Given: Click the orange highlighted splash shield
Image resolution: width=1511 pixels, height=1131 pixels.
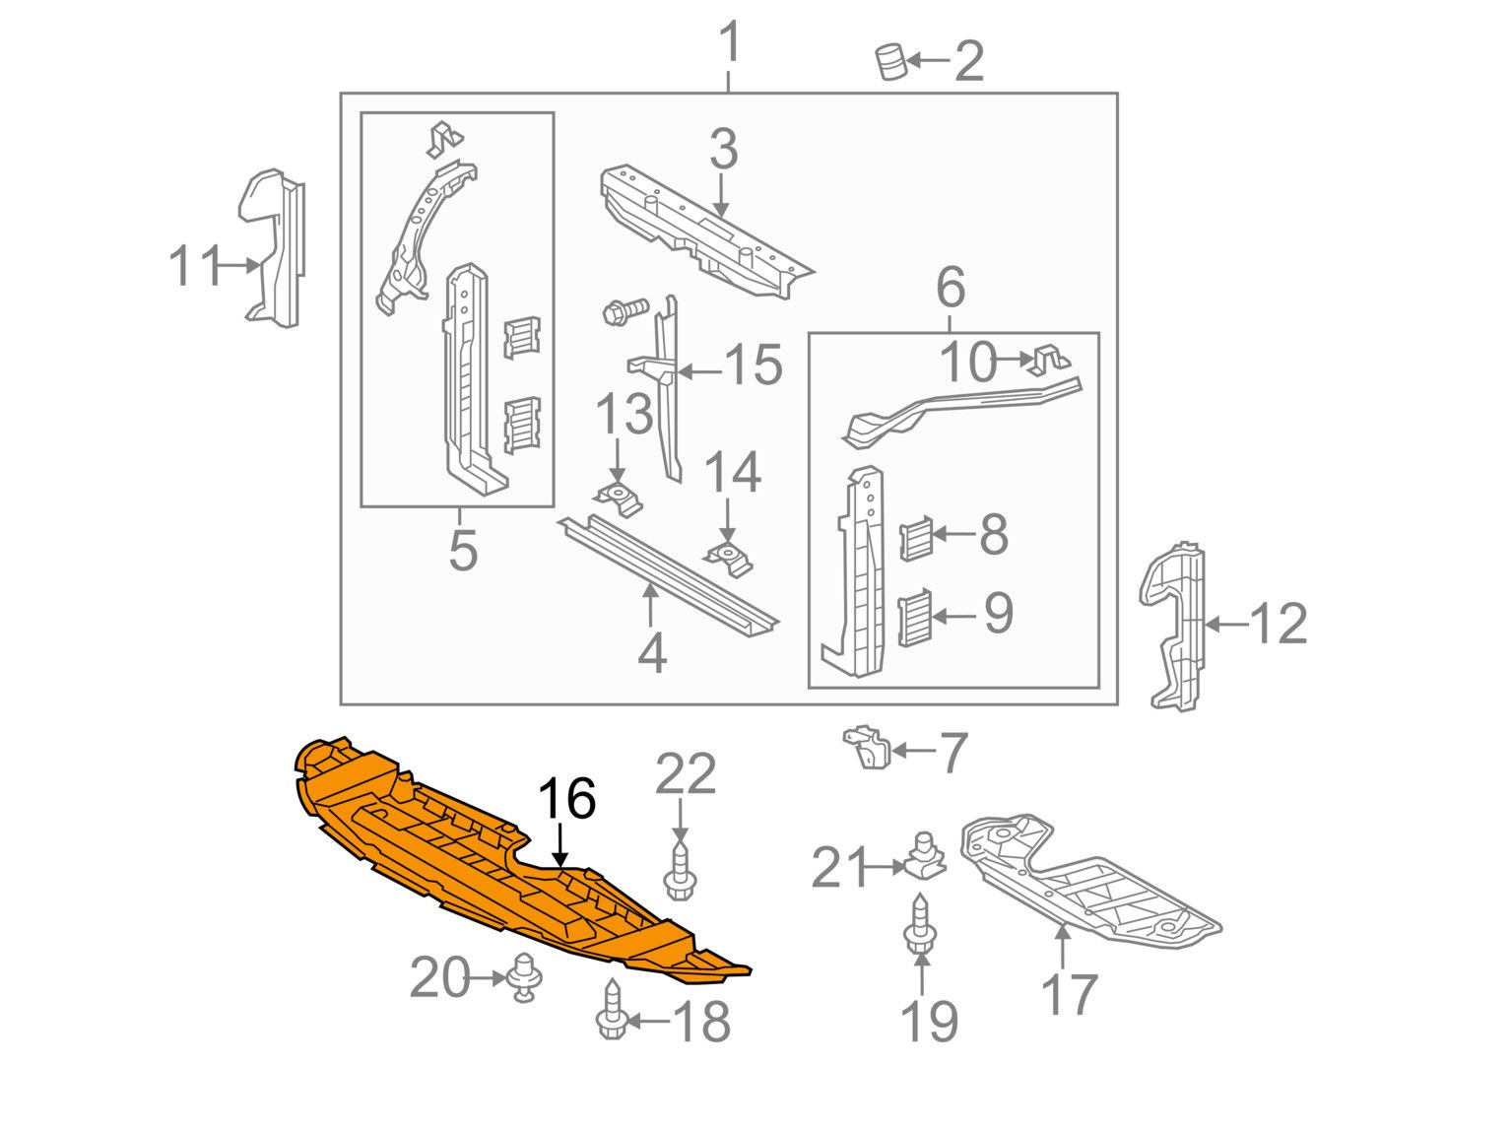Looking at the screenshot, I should pos(493,867).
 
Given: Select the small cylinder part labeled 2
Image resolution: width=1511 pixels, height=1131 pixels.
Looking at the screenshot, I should pos(890,62).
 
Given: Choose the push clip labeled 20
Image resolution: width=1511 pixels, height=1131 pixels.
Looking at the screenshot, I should pos(524,978).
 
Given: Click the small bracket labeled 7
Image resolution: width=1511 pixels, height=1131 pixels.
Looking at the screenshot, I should pos(866,749).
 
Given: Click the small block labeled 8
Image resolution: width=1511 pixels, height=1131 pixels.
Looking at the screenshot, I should pos(916,538).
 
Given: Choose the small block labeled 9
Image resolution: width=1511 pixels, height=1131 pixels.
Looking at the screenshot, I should pos(913,618).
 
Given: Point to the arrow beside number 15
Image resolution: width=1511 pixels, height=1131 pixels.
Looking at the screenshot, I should pos(700,371).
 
